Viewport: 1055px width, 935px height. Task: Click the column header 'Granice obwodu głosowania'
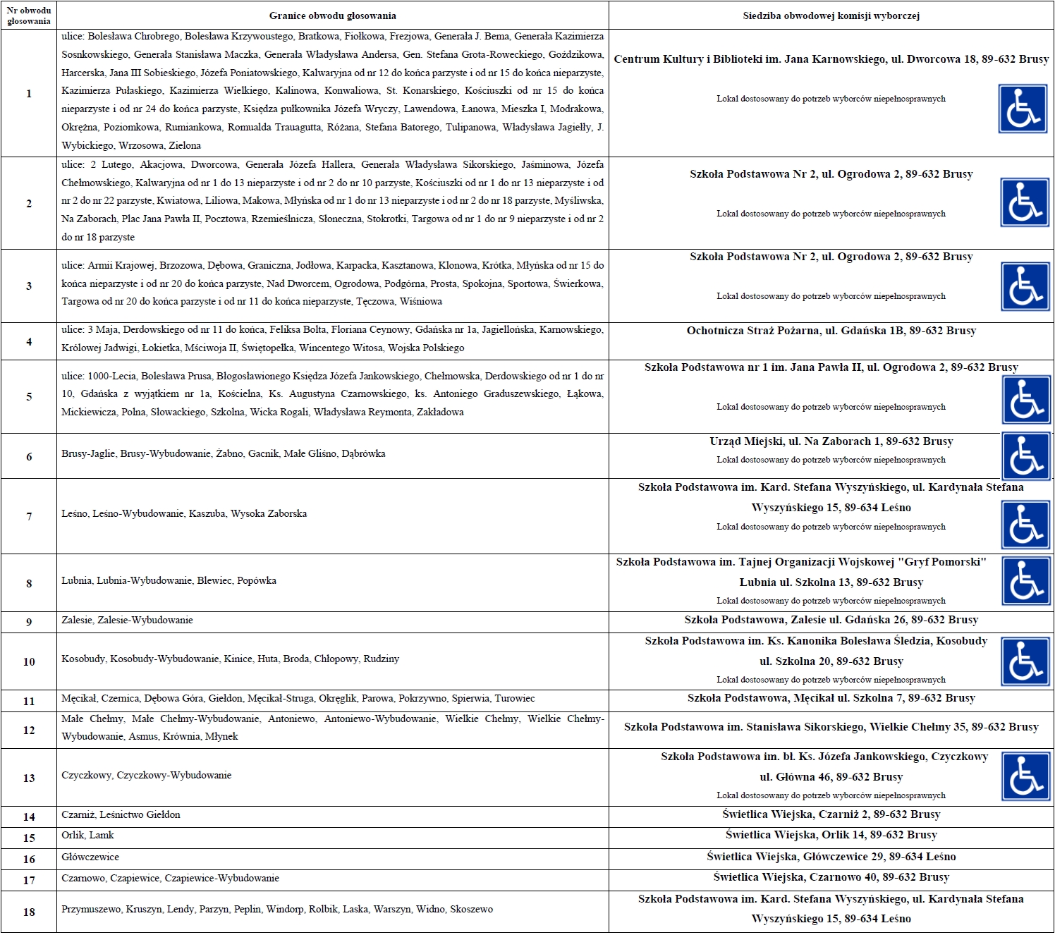pyautogui.click(x=332, y=16)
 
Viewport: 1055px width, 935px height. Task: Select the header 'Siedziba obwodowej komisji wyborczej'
pyautogui.click(x=831, y=16)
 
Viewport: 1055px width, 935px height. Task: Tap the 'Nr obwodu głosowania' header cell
pyautogui.click(x=29, y=16)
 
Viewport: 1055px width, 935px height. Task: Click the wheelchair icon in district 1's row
pyautogui.click(x=1022, y=109)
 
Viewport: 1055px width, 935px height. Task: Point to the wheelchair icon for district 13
pyautogui.click(x=1025, y=777)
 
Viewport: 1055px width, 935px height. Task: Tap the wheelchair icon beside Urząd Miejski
pyautogui.click(x=1025, y=456)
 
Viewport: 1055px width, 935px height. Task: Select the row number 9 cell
pyautogui.click(x=29, y=622)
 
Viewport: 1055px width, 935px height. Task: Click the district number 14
pyautogui.click(x=29, y=817)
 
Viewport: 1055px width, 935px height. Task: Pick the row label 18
pyautogui.click(x=29, y=912)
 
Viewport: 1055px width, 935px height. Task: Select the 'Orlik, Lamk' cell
pyautogui.click(x=87, y=836)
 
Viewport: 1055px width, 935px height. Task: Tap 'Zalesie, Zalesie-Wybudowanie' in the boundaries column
pyautogui.click(x=127, y=621)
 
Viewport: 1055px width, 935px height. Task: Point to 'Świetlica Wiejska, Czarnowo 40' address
pyautogui.click(x=831, y=877)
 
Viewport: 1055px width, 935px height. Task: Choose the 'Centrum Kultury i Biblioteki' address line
pyautogui.click(x=831, y=59)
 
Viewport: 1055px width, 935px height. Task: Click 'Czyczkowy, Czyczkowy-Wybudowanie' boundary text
pyautogui.click(x=146, y=776)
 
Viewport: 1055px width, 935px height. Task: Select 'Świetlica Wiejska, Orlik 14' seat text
pyautogui.click(x=831, y=835)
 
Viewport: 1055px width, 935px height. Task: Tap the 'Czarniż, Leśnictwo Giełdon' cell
pyautogui.click(x=121, y=815)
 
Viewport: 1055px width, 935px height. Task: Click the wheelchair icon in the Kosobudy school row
pyautogui.click(x=1025, y=662)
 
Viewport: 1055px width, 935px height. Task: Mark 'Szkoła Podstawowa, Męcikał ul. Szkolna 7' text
pyautogui.click(x=831, y=698)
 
